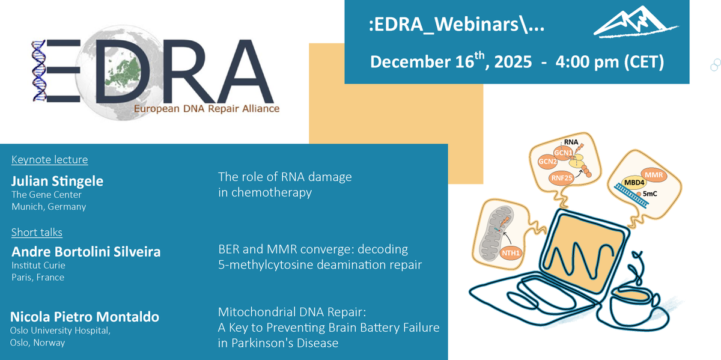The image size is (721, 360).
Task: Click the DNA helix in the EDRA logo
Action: pos(40,71)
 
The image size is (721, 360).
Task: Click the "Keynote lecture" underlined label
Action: pos(49,160)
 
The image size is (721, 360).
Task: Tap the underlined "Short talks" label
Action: pos(37,232)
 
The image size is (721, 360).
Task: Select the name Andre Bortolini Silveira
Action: pos(86,252)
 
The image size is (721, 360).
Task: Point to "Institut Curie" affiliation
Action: pos(38,265)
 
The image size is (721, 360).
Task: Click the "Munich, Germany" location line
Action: pos(49,206)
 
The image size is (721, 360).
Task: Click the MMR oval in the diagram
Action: pos(657,175)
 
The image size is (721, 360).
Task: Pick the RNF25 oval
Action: pos(561,178)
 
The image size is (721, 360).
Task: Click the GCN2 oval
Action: pos(547,160)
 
